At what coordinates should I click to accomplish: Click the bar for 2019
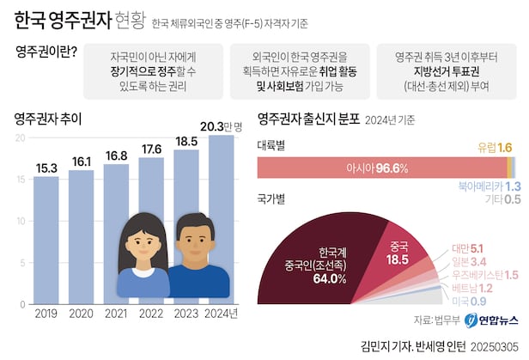[x=46, y=241]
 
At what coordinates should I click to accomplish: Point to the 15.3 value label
[x=46, y=167]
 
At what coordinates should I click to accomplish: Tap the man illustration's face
[x=197, y=241]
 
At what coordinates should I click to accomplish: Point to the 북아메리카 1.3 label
[x=487, y=186]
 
